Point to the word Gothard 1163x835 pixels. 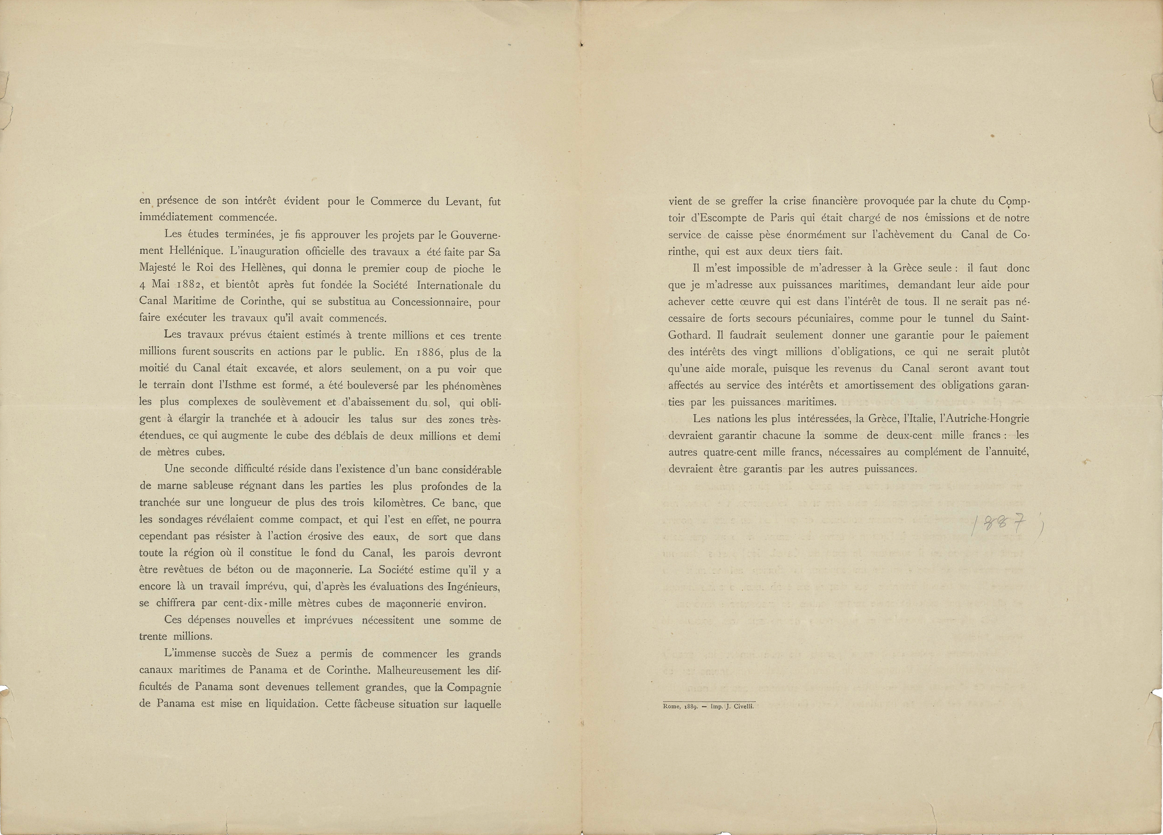pyautogui.click(x=689, y=335)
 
